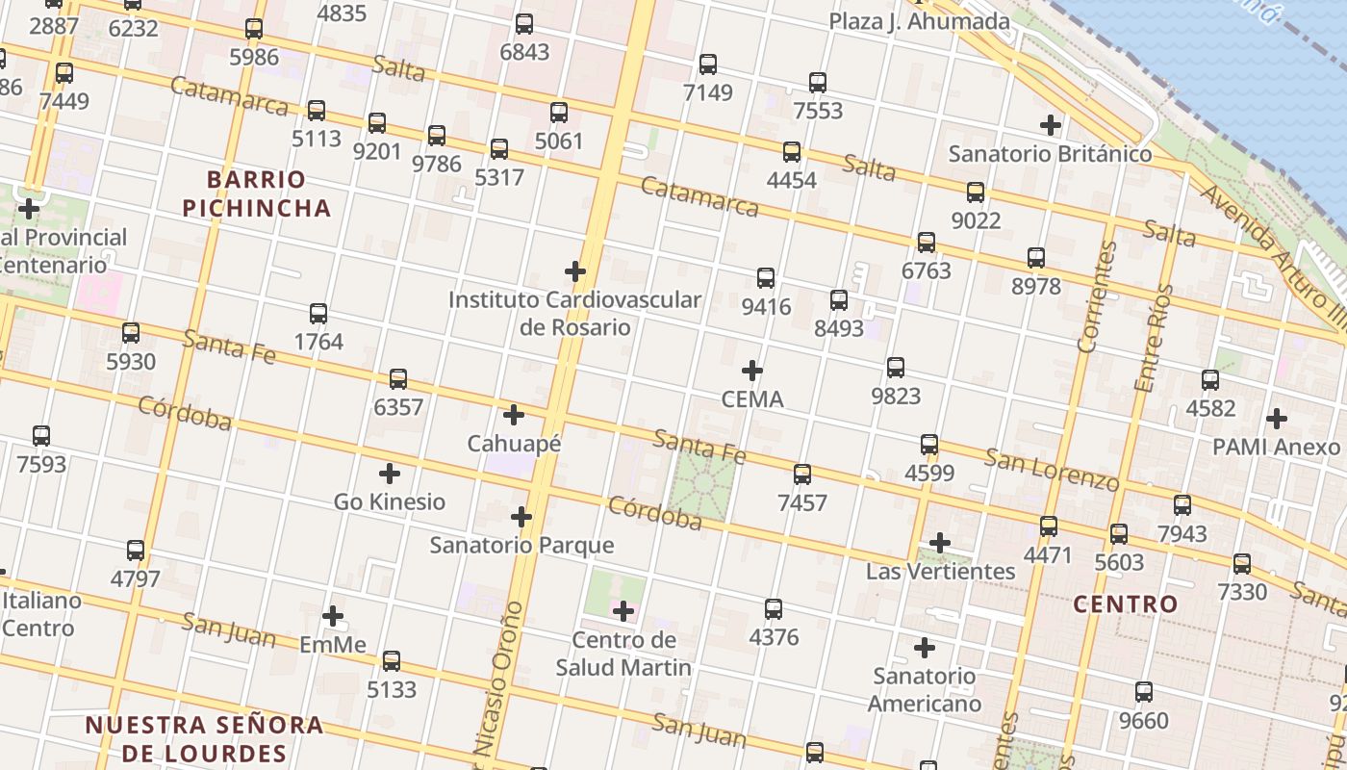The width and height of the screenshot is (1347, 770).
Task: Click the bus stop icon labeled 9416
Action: tap(766, 278)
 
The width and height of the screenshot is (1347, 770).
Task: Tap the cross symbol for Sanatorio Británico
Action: tap(1051, 124)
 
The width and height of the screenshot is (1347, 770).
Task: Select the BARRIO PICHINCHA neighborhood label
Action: tap(256, 193)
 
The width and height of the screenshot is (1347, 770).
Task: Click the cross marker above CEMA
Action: tap(752, 371)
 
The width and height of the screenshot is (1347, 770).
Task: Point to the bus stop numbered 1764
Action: tap(318, 313)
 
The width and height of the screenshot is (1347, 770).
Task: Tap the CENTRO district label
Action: tap(1125, 604)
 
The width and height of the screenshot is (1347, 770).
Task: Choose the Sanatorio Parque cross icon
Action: tap(521, 517)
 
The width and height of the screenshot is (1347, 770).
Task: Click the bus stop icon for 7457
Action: tap(802, 474)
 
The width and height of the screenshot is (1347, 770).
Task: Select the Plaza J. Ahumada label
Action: tap(919, 21)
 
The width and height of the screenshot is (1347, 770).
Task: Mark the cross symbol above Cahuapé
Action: tap(514, 415)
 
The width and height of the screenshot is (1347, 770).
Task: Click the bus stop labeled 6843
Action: tap(524, 24)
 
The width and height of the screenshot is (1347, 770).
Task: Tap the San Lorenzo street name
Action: tap(1052, 469)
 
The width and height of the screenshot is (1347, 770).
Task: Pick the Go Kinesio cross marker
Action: tap(390, 474)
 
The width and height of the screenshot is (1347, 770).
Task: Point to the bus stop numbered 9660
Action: tap(1143, 691)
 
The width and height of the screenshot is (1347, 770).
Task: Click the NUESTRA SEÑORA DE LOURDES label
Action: tap(204, 738)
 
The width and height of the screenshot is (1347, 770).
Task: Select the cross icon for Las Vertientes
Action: tap(940, 543)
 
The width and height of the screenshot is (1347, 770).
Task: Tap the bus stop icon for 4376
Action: tap(774, 608)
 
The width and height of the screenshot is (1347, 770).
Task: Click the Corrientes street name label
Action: tap(1098, 296)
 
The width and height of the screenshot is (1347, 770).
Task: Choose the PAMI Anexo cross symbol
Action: tap(1277, 419)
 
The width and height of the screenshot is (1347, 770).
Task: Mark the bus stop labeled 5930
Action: tap(131, 333)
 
